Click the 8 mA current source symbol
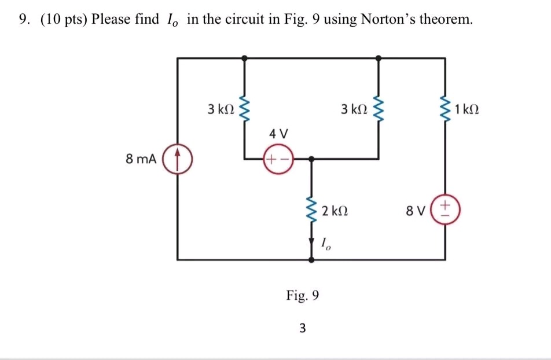click(178, 158)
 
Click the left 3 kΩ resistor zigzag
click(245, 109)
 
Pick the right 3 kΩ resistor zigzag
click(379, 109)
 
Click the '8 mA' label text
click(141, 159)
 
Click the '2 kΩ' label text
click(335, 211)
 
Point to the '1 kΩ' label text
click(468, 109)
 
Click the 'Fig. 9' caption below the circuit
click(302, 296)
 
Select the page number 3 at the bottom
click(302, 329)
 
